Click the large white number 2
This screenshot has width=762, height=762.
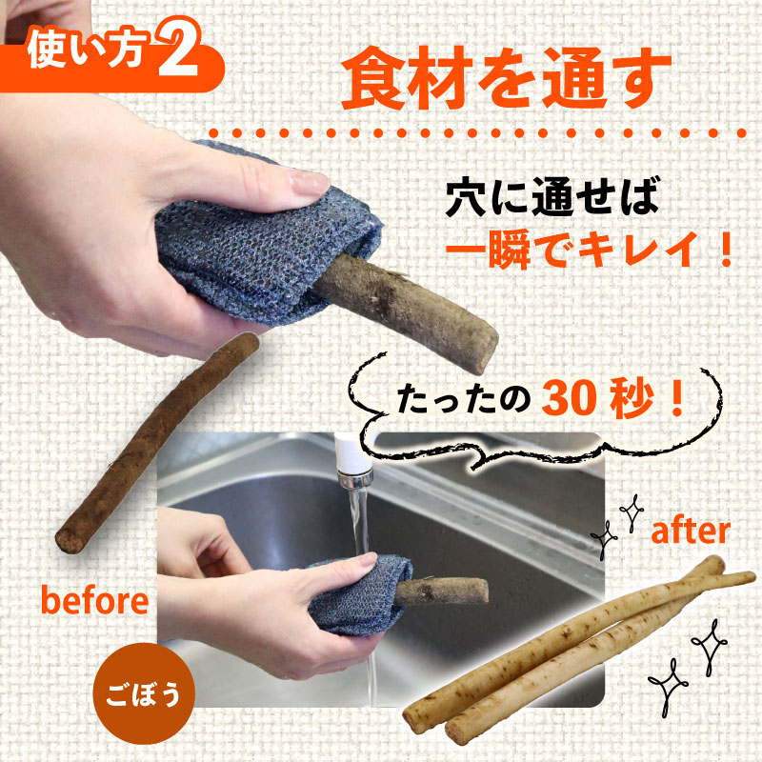[x=179, y=48]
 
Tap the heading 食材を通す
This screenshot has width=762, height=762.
[x=506, y=78]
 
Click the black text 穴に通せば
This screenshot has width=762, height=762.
[x=552, y=196]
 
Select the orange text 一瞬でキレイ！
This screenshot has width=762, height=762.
[x=589, y=250]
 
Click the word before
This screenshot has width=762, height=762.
[x=94, y=600]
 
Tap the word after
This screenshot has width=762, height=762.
[x=690, y=531]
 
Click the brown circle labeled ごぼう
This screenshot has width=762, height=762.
[x=143, y=693]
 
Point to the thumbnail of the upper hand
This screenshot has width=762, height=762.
[x=309, y=181]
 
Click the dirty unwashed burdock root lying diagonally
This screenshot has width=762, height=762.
[x=156, y=442]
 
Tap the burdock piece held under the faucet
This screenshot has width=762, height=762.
[x=441, y=592]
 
